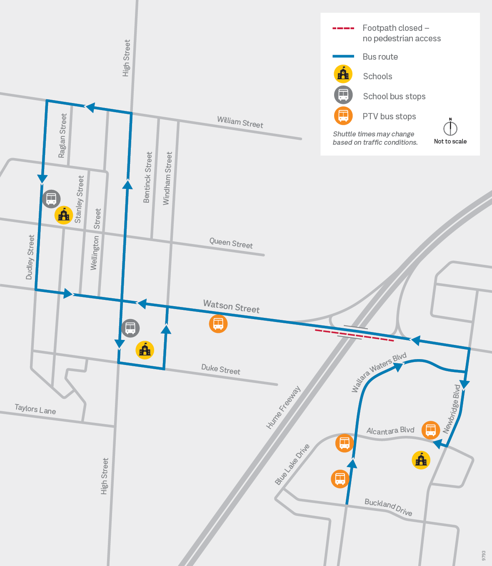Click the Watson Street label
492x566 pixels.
coord(231,307)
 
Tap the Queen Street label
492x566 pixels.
coord(231,243)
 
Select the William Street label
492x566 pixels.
coord(240,122)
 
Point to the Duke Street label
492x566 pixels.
coord(221,370)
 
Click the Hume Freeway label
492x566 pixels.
coord(283,408)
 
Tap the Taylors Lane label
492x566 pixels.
coord(35,409)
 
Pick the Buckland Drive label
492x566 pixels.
coord(388,507)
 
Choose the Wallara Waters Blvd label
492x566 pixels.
coord(378,372)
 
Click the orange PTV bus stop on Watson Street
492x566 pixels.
coord(218,324)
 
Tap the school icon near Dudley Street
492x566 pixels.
coord(64,215)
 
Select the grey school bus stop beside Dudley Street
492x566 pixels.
coord(51,199)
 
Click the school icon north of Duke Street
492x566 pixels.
coord(145,350)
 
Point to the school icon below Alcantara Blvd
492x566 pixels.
coord(421,460)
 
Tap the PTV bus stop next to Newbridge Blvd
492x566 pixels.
coord(431,430)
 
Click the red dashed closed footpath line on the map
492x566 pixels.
coord(354,335)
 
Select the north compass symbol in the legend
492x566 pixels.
coord(450,127)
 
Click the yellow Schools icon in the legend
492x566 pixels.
coord(343,75)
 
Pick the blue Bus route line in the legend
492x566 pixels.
coord(343,56)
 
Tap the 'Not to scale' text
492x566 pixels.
coord(450,141)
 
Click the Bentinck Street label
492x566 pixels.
coord(147,177)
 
